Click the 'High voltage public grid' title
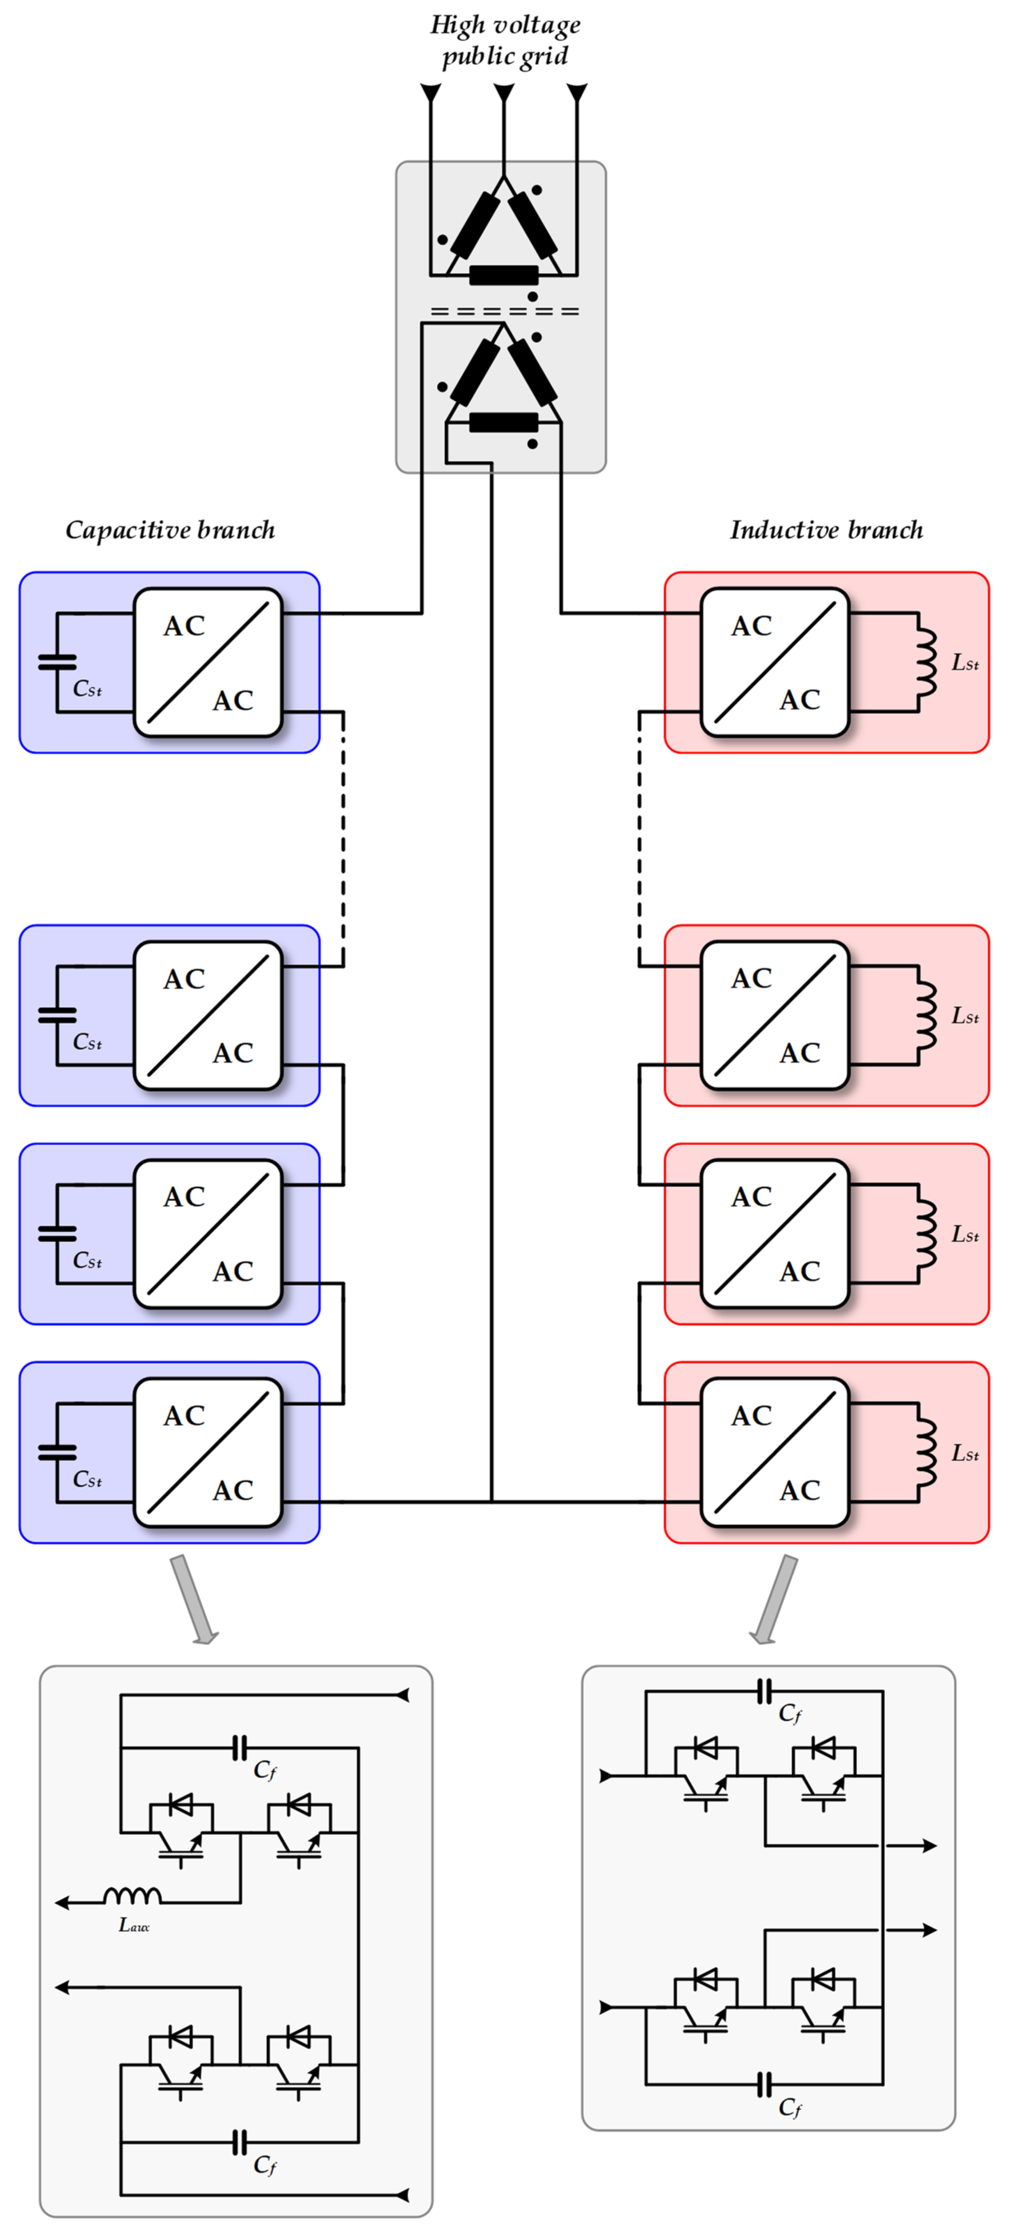[505, 40]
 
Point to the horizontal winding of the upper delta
[503, 276]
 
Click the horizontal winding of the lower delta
[503, 423]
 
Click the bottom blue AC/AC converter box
[208, 1452]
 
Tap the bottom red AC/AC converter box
[775, 1452]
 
